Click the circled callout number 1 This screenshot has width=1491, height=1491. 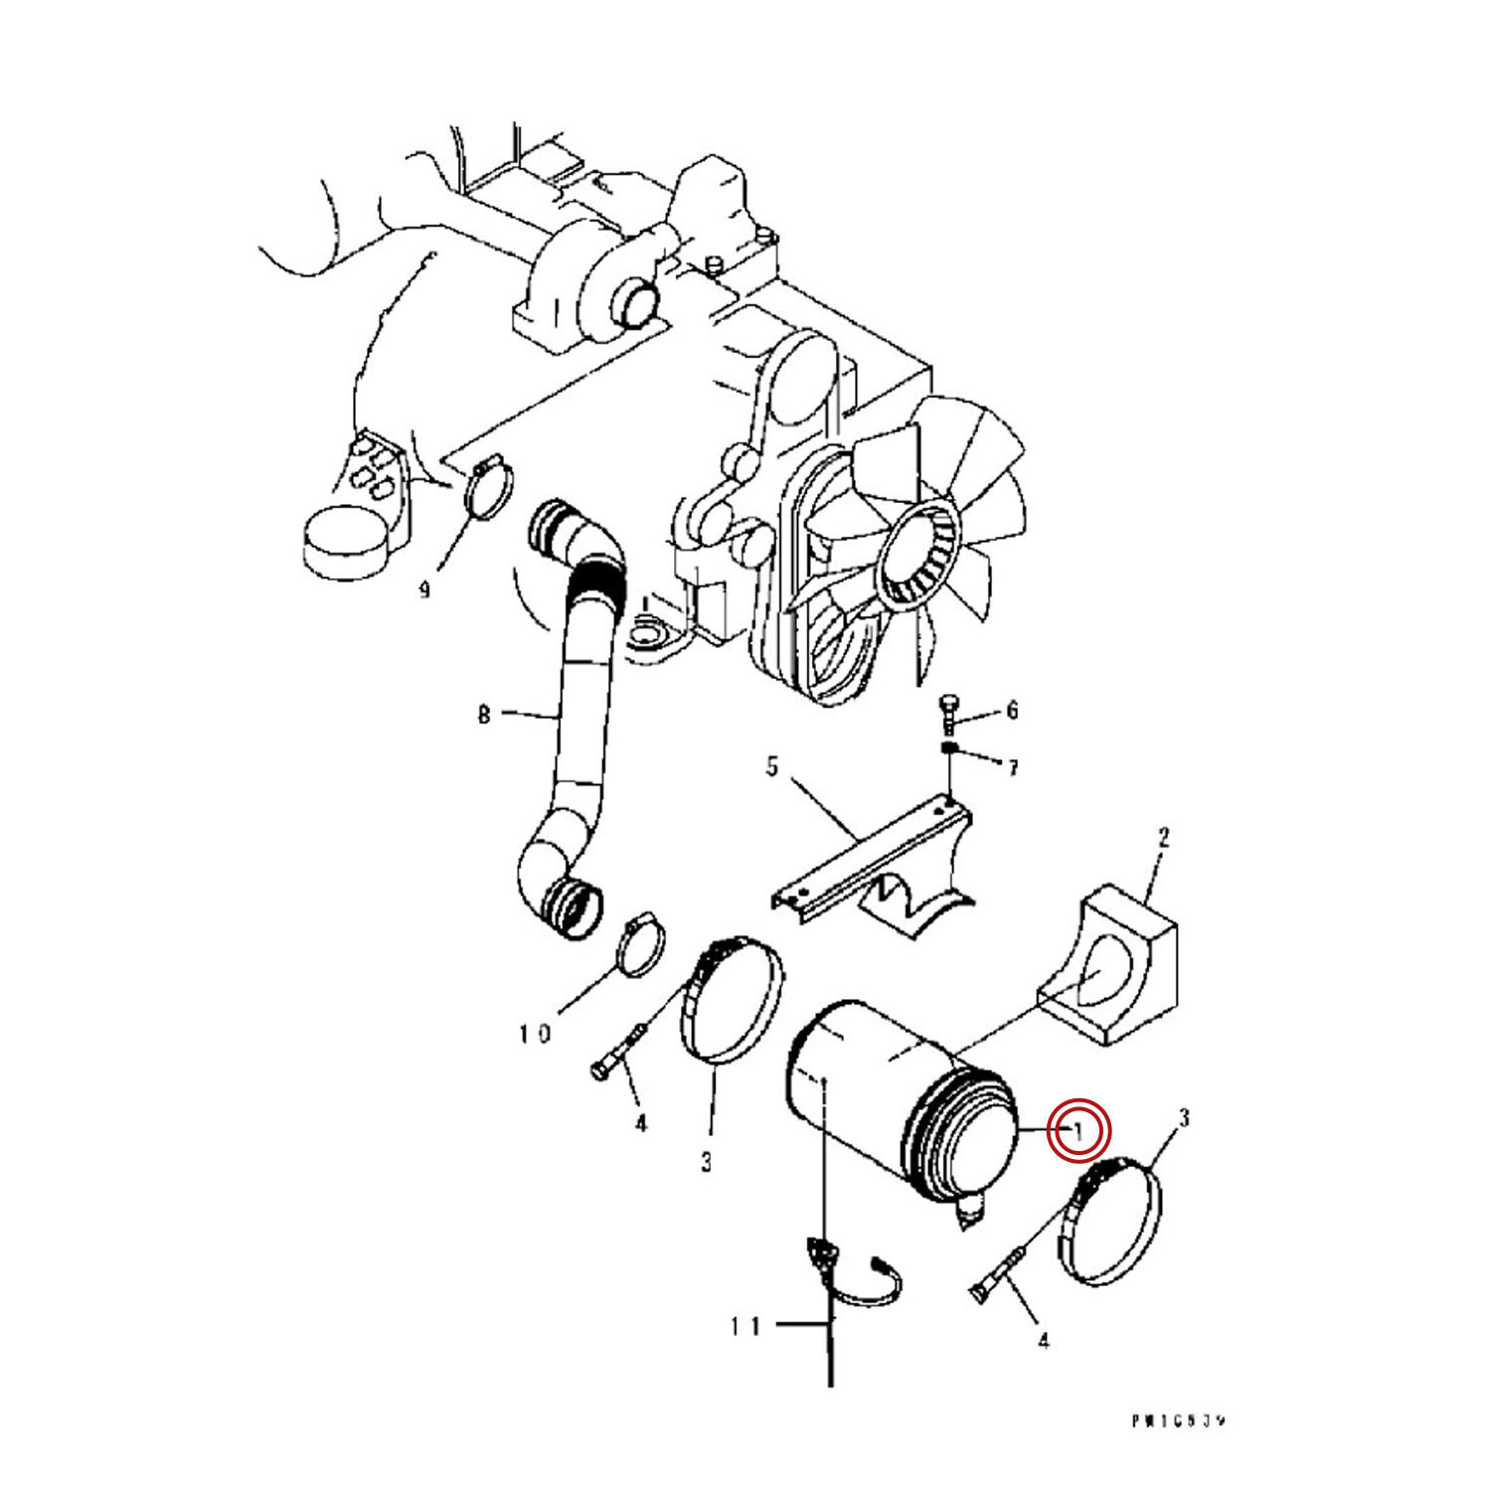pyautogui.click(x=1078, y=1130)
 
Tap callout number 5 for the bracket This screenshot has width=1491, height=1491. pyautogui.click(x=772, y=768)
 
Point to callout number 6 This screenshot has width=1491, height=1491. pyautogui.click(x=1012, y=710)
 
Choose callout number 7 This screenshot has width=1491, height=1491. pyautogui.click(x=1012, y=768)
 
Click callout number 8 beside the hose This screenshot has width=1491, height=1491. pyautogui.click(x=484, y=714)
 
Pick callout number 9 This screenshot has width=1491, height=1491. pyautogui.click(x=424, y=590)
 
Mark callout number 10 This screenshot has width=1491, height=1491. pyautogui.click(x=534, y=1035)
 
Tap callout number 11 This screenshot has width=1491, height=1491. pyautogui.click(x=745, y=1326)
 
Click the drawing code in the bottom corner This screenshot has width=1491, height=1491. pyautogui.click(x=1178, y=1421)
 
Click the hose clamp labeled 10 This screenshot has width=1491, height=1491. pyautogui.click(x=640, y=948)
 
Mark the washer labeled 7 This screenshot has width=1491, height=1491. pyautogui.click(x=949, y=747)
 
